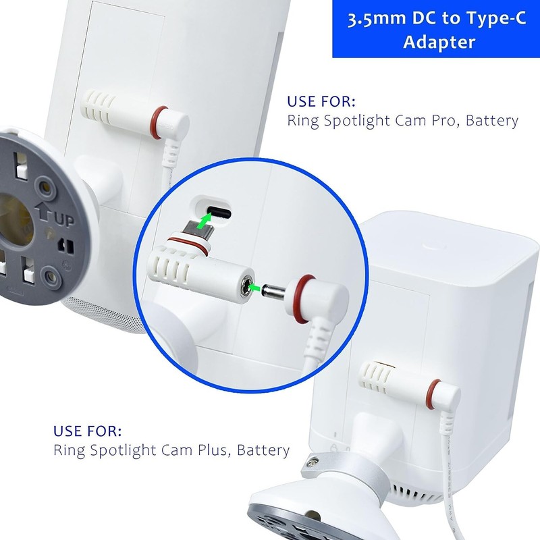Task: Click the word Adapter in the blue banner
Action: pyautogui.click(x=439, y=42)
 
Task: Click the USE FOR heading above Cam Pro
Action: pyautogui.click(x=321, y=102)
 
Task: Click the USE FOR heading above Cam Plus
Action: pyautogui.click(x=88, y=431)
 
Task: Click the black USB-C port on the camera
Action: pyautogui.click(x=219, y=213)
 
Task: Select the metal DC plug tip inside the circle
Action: pyautogui.click(x=273, y=291)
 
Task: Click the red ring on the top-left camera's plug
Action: pyautogui.click(x=157, y=122)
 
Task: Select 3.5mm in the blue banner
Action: pyautogui.click(x=377, y=20)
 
